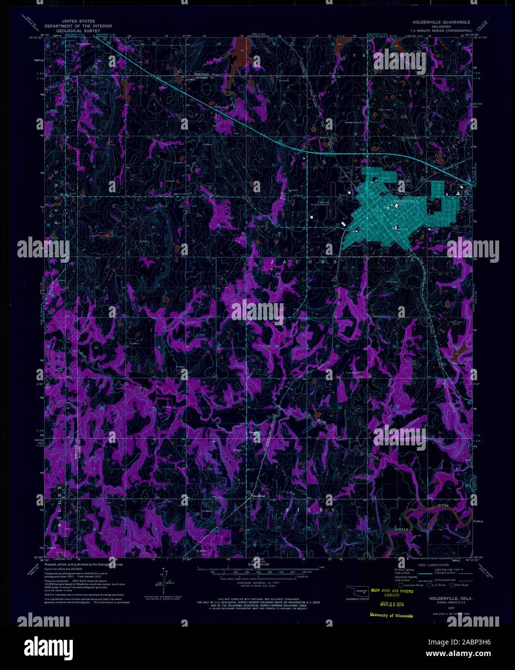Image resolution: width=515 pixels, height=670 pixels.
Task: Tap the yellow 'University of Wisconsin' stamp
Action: pyautogui.click(x=391, y=615)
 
